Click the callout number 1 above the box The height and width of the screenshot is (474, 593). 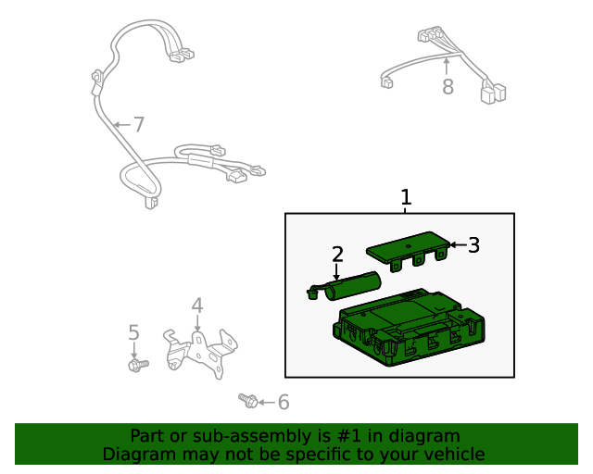406,197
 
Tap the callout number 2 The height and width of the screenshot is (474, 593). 337,254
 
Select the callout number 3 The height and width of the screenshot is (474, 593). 473,245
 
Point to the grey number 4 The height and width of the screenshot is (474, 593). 197,306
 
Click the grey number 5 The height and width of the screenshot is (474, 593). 133,332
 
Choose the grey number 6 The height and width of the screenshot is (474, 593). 284,402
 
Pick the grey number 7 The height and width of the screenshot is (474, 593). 139,124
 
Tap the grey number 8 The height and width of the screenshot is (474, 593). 448,86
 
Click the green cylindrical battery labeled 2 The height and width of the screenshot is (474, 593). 344,286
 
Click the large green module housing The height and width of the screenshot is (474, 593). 409,328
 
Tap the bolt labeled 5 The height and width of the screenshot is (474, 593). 138,365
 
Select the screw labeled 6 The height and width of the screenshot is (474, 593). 248,401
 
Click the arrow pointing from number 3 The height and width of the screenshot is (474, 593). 459,245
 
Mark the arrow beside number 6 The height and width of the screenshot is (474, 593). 267,403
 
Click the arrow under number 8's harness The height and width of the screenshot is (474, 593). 447,67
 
